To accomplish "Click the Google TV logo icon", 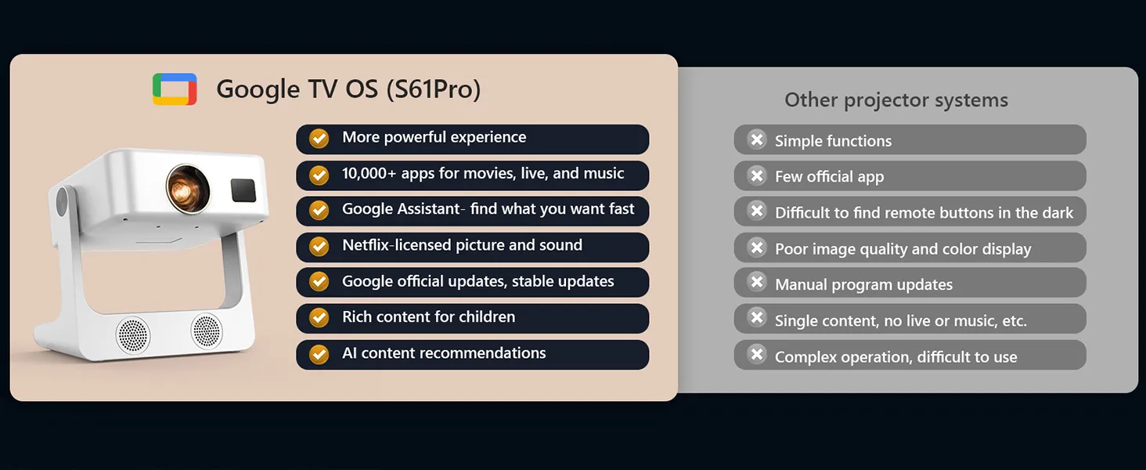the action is (175, 89).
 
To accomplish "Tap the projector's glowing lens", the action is (188, 188).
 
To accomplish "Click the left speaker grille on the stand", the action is (132, 334).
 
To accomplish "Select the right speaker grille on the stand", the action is (207, 331).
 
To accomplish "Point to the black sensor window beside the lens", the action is (243, 190).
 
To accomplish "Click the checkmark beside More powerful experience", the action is (319, 138).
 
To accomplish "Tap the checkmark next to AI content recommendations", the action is (319, 354).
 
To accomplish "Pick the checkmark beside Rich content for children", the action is (319, 317).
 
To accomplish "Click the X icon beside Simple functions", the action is (757, 139).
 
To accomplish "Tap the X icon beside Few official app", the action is (757, 175).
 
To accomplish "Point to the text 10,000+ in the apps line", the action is (369, 174).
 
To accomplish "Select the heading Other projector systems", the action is (896, 100).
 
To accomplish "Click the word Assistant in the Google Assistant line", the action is (430, 209).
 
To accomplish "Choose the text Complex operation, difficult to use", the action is (896, 357).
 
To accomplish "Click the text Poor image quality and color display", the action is (903, 249).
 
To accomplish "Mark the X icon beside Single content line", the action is (757, 317).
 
